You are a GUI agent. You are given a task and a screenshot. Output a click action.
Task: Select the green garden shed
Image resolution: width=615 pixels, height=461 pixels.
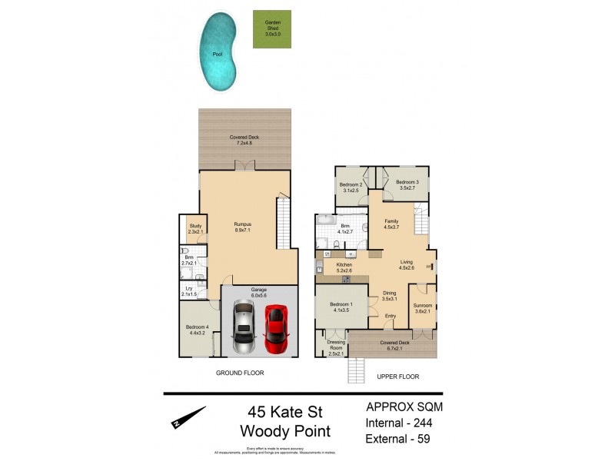(272, 29)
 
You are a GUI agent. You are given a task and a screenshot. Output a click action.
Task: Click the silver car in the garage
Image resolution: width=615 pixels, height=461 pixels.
(244, 326)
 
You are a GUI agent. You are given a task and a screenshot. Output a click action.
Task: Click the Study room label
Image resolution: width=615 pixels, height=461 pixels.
(194, 228)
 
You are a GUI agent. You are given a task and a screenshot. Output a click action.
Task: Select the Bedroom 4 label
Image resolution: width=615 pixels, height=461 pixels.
(197, 330)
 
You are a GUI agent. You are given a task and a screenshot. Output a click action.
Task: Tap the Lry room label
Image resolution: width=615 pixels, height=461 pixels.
(189, 290)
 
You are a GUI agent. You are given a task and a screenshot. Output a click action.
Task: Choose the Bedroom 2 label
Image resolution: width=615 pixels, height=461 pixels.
(351, 187)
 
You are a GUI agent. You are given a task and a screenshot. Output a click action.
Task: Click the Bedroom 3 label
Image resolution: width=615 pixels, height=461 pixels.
(407, 184)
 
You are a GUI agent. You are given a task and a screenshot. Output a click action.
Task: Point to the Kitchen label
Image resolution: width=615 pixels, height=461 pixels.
(344, 267)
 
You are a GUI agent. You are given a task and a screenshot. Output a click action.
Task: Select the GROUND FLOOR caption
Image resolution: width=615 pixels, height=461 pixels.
(239, 373)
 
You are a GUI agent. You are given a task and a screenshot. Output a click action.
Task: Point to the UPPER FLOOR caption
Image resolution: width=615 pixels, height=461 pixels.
(397, 376)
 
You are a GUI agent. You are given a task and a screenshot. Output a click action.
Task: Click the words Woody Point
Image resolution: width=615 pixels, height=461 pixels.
(285, 431)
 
